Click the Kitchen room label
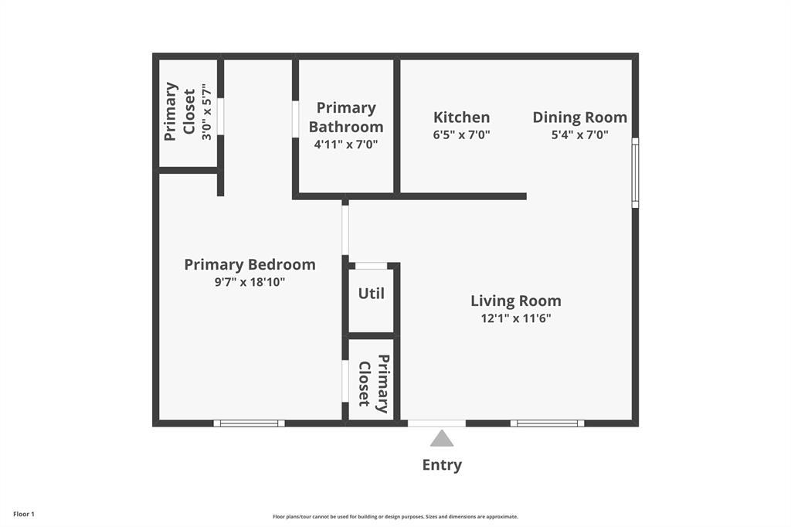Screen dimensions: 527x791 [461, 117]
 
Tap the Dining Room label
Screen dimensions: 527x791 [579, 117]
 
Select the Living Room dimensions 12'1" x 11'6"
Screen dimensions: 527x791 [515, 318]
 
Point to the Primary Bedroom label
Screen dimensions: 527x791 [250, 265]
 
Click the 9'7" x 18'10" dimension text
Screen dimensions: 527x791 [250, 282]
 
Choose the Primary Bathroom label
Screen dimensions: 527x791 [345, 117]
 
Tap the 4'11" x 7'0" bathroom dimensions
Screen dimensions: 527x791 [345, 144]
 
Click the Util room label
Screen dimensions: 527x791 [371, 294]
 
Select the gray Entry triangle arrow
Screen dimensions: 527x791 [442, 439]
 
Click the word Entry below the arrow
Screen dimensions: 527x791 [442, 465]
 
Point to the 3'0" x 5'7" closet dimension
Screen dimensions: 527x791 [206, 113]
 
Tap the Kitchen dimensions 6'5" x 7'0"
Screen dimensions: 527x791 [461, 134]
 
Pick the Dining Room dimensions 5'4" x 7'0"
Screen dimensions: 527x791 [579, 134]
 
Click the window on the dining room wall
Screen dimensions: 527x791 [635, 172]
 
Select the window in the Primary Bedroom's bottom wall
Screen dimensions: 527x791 [249, 423]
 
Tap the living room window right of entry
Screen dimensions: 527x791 [547, 423]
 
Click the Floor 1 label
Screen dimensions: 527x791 [24, 514]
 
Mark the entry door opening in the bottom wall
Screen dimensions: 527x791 [436, 423]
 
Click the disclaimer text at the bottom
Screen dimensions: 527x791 [395, 517]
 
